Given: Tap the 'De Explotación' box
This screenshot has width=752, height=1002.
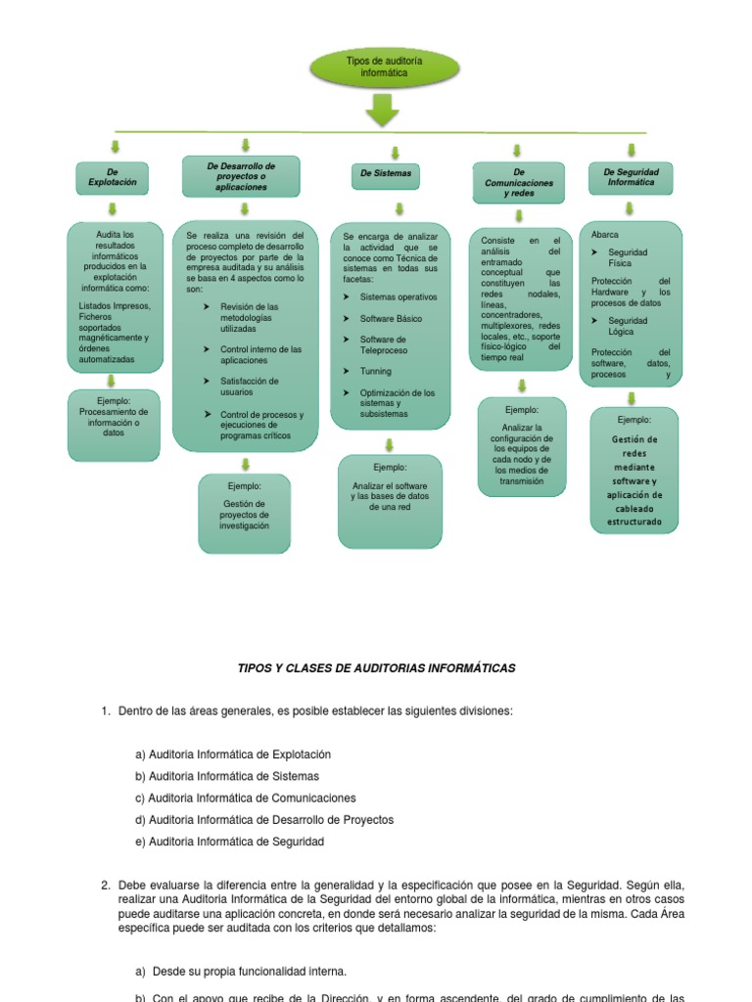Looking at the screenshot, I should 113,177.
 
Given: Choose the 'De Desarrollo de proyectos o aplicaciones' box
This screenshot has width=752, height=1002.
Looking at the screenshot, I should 242,177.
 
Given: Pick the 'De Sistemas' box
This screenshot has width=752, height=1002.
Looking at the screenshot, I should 386,176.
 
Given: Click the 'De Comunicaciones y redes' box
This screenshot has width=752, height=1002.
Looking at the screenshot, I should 518,182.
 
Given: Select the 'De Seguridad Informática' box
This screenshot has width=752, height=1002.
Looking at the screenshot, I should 631,177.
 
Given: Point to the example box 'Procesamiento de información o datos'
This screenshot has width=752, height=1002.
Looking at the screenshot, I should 114,423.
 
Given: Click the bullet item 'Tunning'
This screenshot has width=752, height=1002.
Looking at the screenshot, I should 375,372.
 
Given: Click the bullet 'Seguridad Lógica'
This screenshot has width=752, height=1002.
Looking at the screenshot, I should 628,326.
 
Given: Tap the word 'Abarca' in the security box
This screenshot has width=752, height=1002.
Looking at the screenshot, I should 605,235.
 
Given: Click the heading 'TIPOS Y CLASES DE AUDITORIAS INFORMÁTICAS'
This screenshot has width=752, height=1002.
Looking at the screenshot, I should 377,668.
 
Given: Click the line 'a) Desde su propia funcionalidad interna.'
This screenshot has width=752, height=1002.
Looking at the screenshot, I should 241,972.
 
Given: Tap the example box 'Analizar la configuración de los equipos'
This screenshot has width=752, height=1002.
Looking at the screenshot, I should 522,446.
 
